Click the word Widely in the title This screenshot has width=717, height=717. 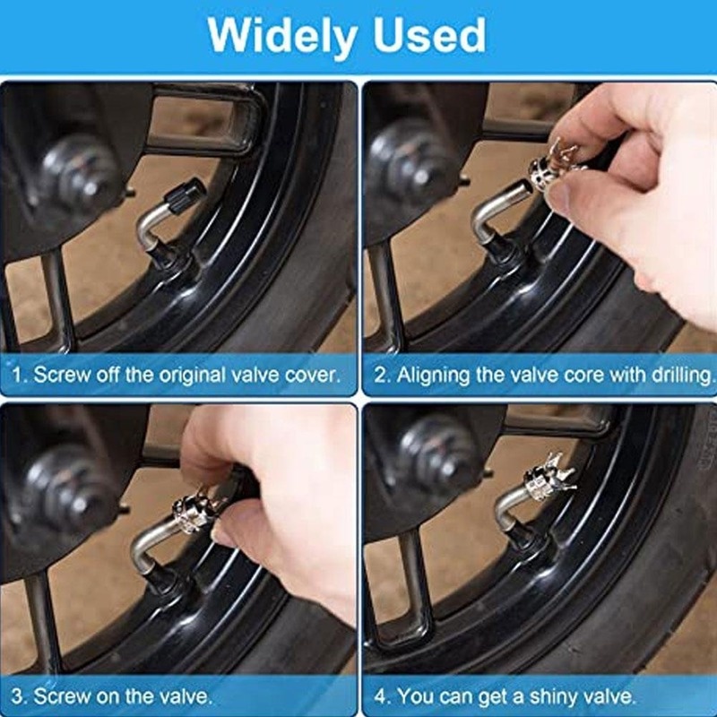(x=282, y=37)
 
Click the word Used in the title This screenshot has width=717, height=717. (x=429, y=36)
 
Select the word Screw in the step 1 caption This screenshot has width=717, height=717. (x=61, y=375)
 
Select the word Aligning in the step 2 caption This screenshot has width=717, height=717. (x=434, y=376)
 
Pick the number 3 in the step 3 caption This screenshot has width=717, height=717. (x=18, y=696)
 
